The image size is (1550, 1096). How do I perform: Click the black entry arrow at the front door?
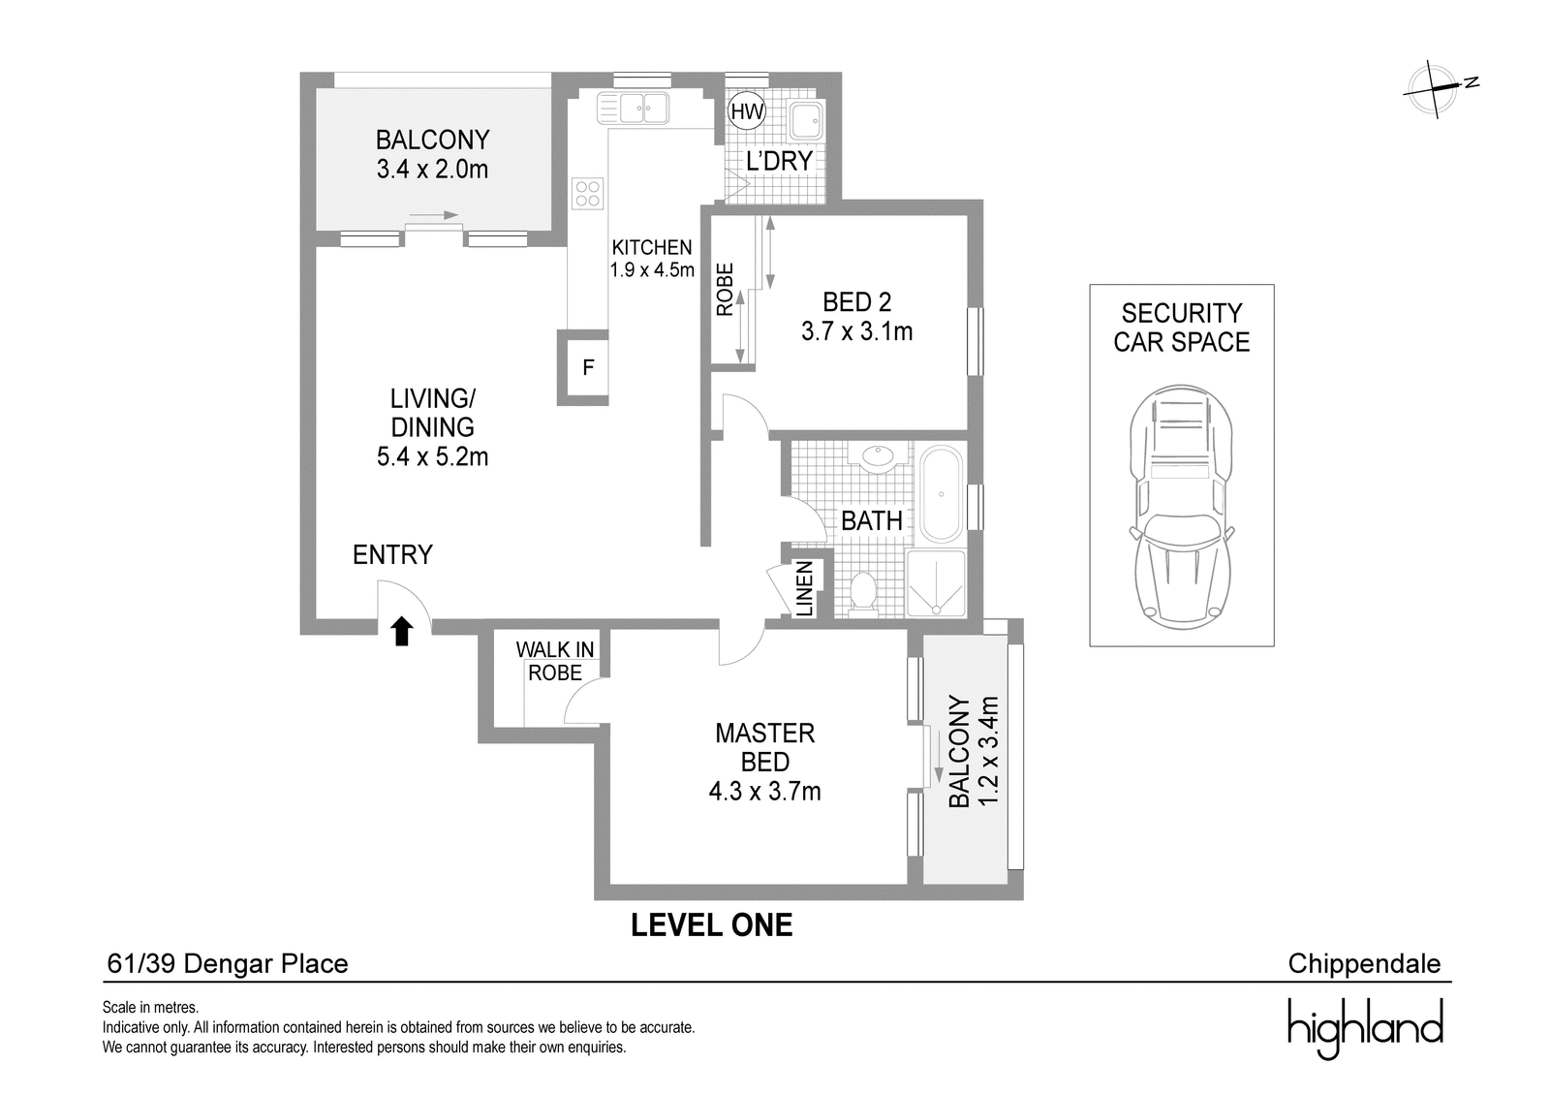pos(402,632)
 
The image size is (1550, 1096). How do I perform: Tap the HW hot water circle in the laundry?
pos(747,111)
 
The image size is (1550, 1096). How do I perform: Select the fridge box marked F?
pos(583,367)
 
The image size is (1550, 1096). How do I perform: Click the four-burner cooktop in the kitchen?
pos(587,194)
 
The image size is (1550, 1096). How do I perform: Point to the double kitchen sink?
pos(635,109)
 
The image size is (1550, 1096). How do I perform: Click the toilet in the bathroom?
pos(863,593)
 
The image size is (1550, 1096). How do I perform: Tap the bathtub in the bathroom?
pos(941,494)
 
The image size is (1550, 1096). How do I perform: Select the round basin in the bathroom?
pos(879,458)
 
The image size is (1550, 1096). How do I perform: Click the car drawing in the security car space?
pos(1181,507)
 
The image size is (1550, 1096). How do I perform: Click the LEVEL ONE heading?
pos(711,925)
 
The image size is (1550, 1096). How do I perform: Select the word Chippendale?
pos(1365,964)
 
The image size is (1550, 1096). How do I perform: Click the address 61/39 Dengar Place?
pos(228,964)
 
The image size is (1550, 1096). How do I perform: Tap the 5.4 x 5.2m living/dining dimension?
pos(432,457)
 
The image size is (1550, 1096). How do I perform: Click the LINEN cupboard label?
pos(804,588)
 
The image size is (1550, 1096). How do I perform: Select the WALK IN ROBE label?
pos(555,661)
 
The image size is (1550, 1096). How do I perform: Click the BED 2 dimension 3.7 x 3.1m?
pos(856,331)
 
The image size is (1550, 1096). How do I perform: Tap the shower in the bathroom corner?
pos(936,583)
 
